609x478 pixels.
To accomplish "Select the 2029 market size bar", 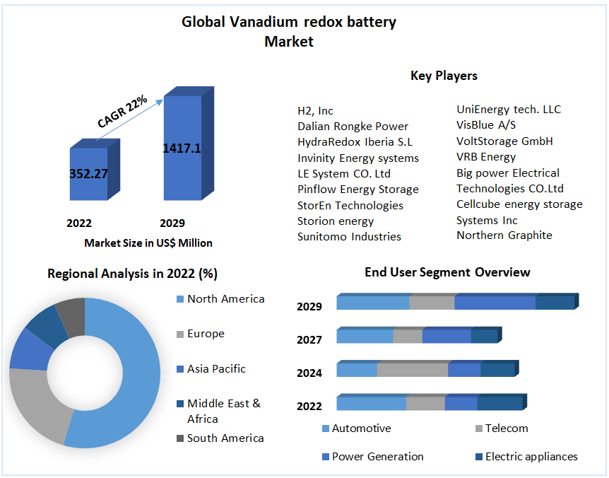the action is point(189,144).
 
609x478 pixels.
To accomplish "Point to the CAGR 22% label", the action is point(122,111).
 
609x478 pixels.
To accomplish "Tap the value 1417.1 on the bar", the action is point(182,148).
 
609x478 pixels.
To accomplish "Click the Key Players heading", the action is point(444,76).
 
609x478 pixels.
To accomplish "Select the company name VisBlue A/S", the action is point(486,124).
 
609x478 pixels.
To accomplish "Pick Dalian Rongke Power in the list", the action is point(353,127).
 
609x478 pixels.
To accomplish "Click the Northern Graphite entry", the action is point(504,235).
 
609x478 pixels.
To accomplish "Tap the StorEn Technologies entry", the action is point(350,205).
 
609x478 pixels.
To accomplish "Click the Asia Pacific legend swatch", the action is point(180,369).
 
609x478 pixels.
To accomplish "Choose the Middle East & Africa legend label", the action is point(224,411).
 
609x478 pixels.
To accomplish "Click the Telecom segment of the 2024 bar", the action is point(413,370).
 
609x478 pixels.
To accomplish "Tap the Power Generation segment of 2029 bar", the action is point(495,303).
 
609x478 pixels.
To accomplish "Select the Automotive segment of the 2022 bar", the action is point(372,403).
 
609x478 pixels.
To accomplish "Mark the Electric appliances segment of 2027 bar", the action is point(485,336).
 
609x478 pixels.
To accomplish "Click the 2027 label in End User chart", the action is point(309,339).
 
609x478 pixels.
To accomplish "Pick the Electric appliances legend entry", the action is point(526,456).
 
